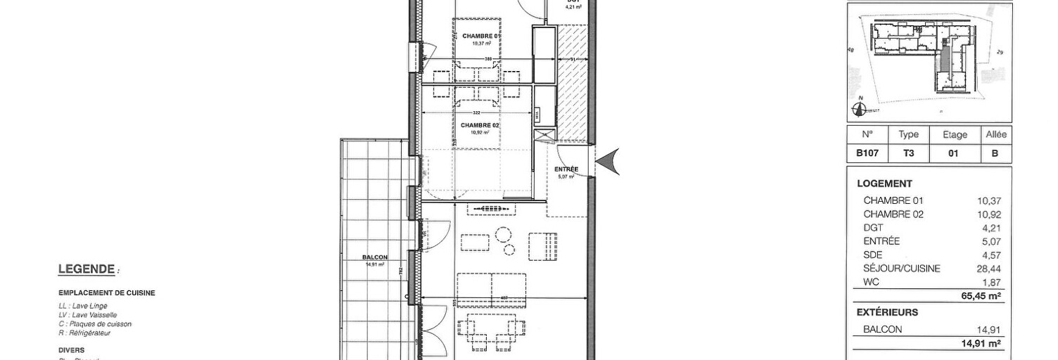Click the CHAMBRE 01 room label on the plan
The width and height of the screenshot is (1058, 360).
coord(480,36)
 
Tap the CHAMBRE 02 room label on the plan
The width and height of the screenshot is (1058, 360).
coord(480,125)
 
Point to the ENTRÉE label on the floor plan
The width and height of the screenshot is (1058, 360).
coord(566,169)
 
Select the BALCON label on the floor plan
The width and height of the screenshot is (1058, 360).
coord(376,257)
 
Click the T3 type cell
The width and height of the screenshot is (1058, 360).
coord(908,153)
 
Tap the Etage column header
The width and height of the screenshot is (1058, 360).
coord(955,134)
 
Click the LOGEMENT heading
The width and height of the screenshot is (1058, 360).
coord(884,184)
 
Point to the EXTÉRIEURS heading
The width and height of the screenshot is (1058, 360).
coord(887,312)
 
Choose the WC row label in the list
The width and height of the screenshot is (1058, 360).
coord(871,282)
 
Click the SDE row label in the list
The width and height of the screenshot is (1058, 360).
coord(872,255)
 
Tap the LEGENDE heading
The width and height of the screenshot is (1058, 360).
coord(87,269)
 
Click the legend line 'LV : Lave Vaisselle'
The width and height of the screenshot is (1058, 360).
coord(88,315)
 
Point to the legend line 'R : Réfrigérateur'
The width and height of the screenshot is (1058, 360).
coord(85,333)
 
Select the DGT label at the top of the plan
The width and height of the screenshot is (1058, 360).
coord(573,2)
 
